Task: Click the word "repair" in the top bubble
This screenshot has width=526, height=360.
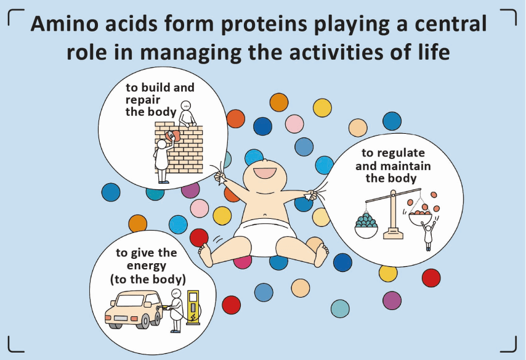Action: [143, 100]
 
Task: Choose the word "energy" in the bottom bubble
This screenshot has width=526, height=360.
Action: [146, 266]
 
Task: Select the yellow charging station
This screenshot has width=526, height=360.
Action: [193, 307]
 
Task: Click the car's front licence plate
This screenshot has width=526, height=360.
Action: [120, 318]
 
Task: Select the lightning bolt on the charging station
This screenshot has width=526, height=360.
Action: [193, 317]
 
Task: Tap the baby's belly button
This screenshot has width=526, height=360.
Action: [265, 215]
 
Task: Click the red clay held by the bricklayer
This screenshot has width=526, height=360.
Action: [173, 136]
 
